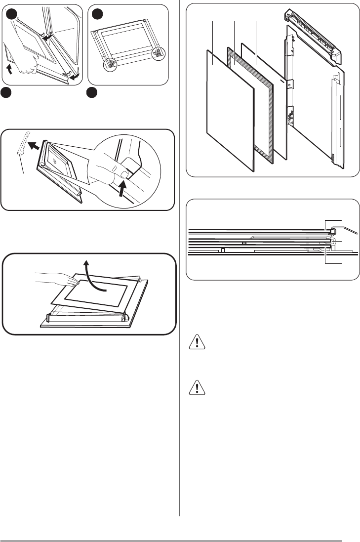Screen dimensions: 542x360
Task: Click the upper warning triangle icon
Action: click(x=199, y=343)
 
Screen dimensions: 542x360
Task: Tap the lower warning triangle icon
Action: click(x=199, y=389)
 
